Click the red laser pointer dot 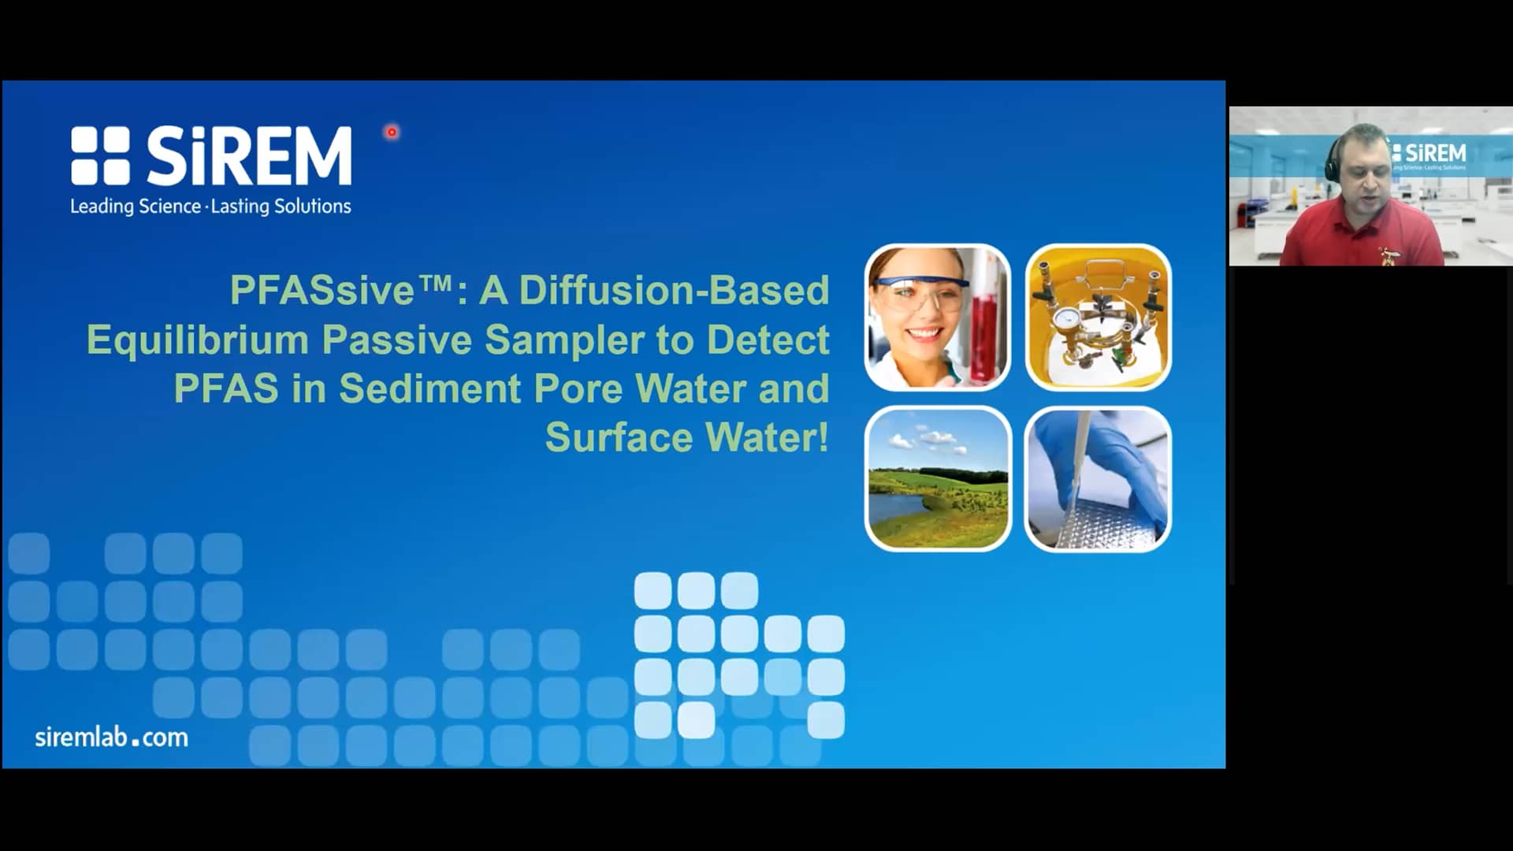[392, 132]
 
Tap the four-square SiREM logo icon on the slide [100, 156]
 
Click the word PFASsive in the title [322, 290]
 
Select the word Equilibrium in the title [197, 340]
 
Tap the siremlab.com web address [111, 738]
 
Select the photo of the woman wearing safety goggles [937, 318]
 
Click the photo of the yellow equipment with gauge [1098, 318]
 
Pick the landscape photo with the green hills [937, 479]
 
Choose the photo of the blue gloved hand [1098, 479]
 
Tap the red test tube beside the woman [988, 331]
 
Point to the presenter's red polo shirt [1363, 236]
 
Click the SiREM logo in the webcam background [1430, 153]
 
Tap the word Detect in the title [767, 340]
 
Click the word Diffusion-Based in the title [674, 290]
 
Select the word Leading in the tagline [102, 206]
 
